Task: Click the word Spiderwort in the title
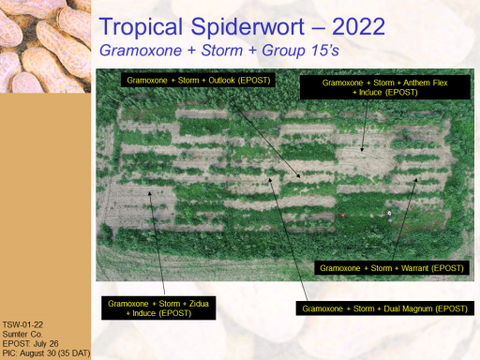(x=247, y=28)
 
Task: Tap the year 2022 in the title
(x=358, y=26)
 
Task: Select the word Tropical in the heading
(x=141, y=28)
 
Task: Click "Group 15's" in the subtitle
(x=300, y=51)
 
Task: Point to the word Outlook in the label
(x=221, y=81)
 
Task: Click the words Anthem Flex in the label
(x=426, y=82)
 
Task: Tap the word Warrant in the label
(x=414, y=268)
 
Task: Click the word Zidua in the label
(x=199, y=304)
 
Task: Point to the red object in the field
(x=342, y=215)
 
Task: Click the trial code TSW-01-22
(x=22, y=324)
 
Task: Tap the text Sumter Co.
(x=22, y=334)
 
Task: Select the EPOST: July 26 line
(x=30, y=344)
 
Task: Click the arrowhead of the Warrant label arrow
(x=415, y=180)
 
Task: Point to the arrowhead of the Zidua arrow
(x=150, y=194)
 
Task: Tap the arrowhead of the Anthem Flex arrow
(x=362, y=149)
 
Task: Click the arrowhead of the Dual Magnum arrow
(x=270, y=180)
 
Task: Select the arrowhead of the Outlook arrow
(x=298, y=175)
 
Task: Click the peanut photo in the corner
(x=45, y=46)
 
